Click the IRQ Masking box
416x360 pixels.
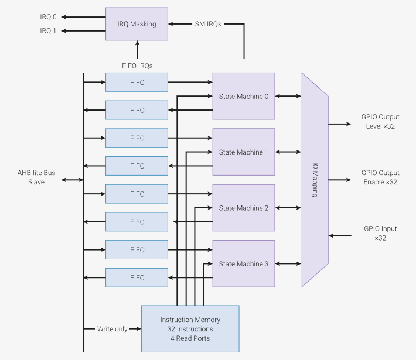click(137, 24)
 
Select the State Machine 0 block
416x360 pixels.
click(243, 97)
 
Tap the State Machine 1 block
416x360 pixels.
click(243, 152)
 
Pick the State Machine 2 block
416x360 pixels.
click(243, 208)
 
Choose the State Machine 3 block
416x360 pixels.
click(243, 264)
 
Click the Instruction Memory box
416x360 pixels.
click(190, 329)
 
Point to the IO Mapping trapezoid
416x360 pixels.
click(315, 180)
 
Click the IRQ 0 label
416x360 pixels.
click(48, 16)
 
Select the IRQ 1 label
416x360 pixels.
click(48, 30)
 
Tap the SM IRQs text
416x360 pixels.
click(207, 24)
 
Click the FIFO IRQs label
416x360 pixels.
click(137, 66)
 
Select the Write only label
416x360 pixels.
click(112, 329)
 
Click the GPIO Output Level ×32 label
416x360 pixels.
click(380, 122)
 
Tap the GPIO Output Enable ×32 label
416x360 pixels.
click(380, 177)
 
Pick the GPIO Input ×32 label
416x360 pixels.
click(380, 233)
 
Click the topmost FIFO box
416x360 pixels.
click(137, 83)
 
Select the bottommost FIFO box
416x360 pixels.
click(137, 278)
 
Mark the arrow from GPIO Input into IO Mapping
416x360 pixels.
click(340, 236)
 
